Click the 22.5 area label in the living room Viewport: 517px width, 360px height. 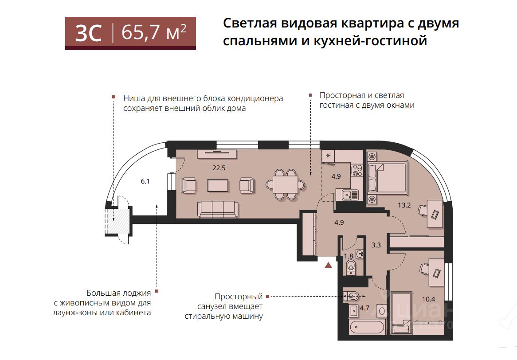(x=219, y=168)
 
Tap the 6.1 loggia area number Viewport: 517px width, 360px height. (x=145, y=181)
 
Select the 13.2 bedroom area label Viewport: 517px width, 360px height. (x=404, y=205)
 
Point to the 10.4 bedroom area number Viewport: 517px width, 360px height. (x=429, y=299)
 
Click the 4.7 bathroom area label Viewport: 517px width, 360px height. (x=364, y=308)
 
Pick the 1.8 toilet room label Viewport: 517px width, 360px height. (x=349, y=256)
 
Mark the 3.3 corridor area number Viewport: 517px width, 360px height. (x=376, y=245)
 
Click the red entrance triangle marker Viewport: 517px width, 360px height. (x=328, y=265)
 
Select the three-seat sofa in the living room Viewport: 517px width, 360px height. (x=217, y=210)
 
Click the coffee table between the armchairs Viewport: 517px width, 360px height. (x=218, y=185)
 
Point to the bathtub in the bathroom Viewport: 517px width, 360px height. (x=367, y=327)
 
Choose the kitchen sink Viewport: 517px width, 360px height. (x=349, y=195)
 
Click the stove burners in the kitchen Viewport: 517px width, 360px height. (x=357, y=170)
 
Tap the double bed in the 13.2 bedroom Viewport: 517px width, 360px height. (x=387, y=178)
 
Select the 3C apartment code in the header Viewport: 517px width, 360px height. (x=88, y=33)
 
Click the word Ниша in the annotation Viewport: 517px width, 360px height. (x=133, y=98)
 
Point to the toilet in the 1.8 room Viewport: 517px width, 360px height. (x=350, y=267)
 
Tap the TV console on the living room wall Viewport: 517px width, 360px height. (x=217, y=154)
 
